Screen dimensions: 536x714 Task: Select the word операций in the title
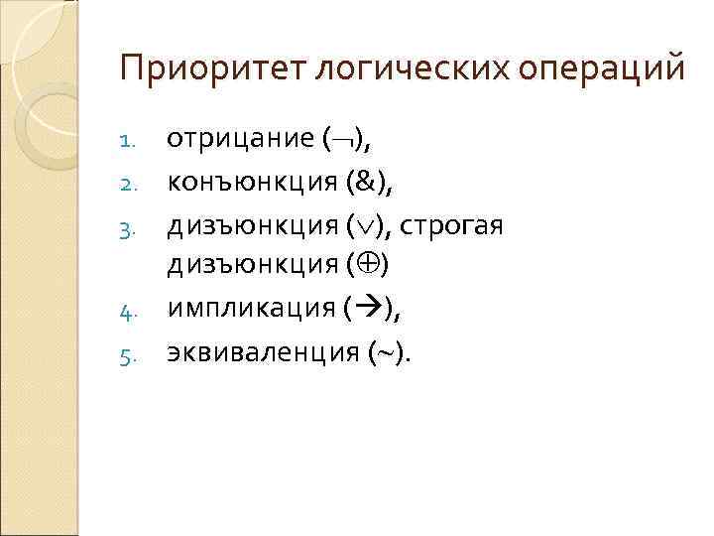[605, 69]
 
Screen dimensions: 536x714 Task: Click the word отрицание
[239, 139]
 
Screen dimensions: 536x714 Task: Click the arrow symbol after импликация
[366, 310]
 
